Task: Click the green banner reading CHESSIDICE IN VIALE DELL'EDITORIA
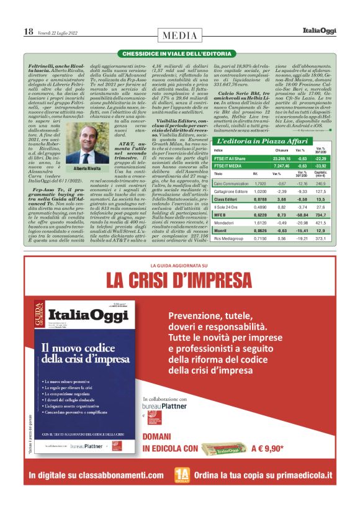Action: click(180, 55)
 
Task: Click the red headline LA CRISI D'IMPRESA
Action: click(180, 281)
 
